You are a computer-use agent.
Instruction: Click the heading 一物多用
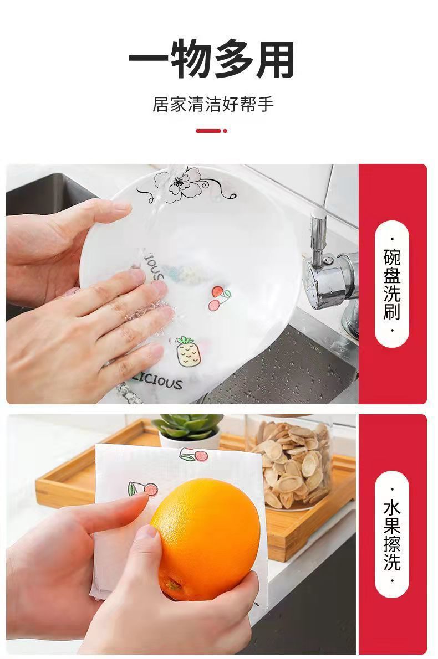(212, 59)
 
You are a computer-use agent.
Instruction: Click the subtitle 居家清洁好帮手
(213, 104)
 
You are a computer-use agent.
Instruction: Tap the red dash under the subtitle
(208, 131)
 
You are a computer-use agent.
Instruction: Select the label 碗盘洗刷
(391, 284)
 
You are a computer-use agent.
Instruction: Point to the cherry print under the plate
(218, 298)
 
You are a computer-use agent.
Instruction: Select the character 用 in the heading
(274, 59)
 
